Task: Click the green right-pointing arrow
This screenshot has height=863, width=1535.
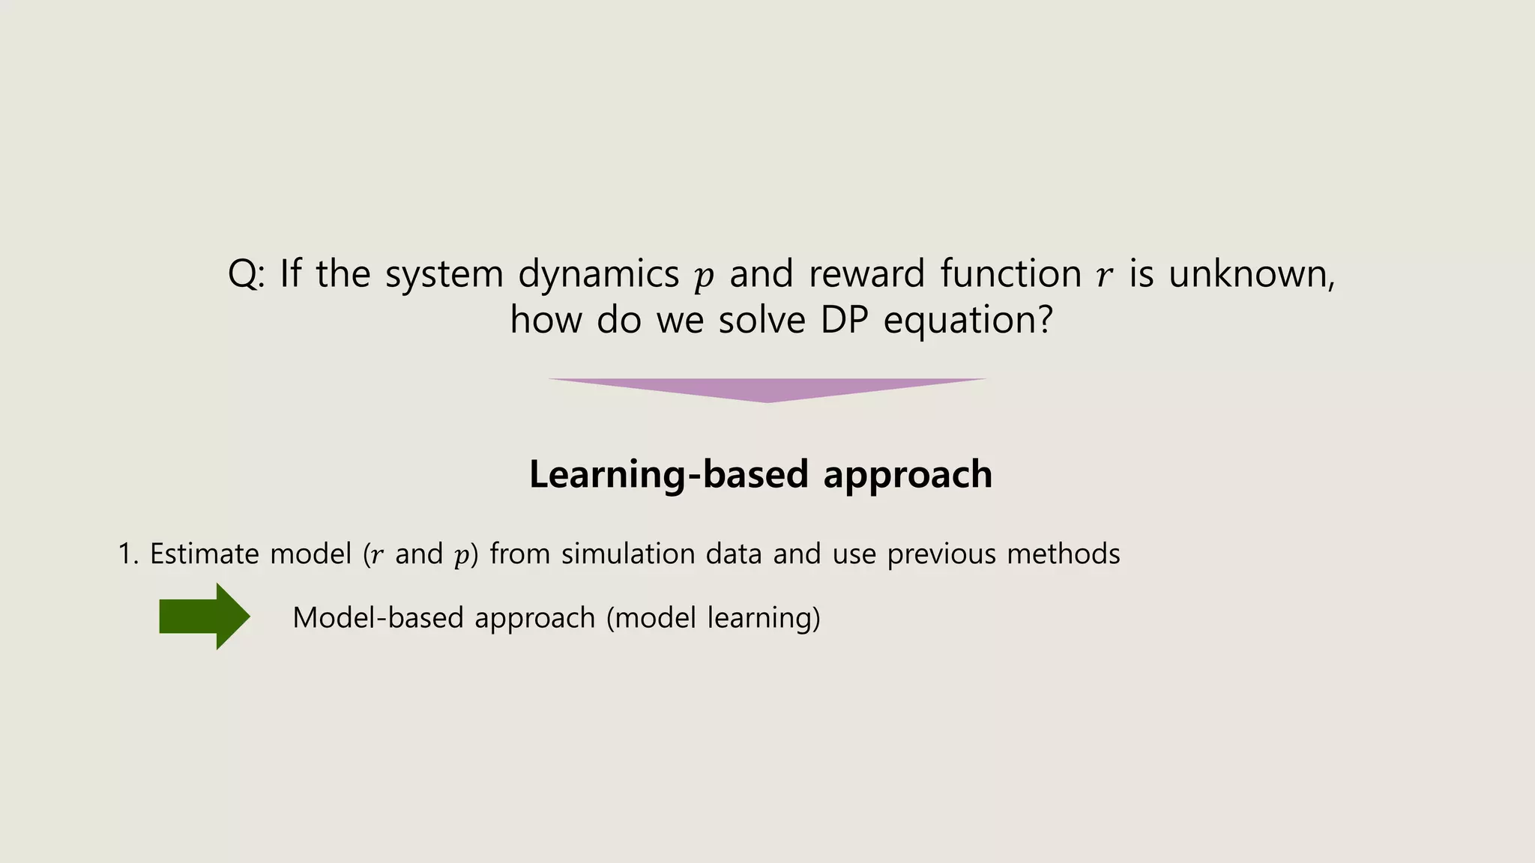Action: (x=204, y=617)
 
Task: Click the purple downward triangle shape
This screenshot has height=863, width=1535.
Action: (x=767, y=389)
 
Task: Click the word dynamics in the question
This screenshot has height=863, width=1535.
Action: (x=598, y=274)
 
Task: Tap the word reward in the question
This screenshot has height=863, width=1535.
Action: (x=867, y=274)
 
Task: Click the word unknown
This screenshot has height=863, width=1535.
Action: (x=1250, y=274)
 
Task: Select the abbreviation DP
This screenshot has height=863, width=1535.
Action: (x=844, y=321)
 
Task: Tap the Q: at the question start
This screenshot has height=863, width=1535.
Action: (x=246, y=274)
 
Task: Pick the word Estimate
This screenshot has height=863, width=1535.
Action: (x=204, y=554)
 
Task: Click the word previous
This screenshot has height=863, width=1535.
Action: (x=941, y=555)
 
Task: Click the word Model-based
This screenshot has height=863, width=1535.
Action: (x=379, y=618)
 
